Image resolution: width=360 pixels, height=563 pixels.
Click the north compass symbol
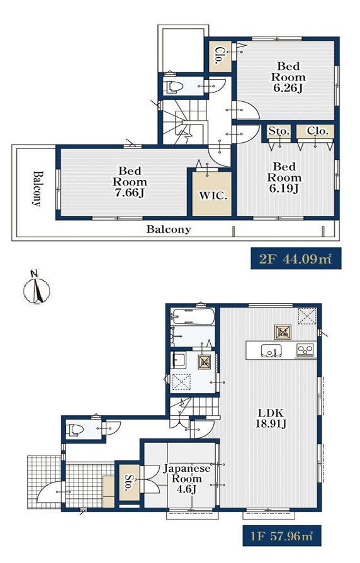37,287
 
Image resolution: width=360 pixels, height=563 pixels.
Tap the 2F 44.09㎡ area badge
296,258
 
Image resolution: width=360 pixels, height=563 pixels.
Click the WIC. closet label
213,196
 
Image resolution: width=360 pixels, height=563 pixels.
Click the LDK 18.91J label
271,418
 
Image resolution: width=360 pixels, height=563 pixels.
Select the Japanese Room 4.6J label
187,479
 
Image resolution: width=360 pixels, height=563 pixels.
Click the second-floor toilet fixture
174,87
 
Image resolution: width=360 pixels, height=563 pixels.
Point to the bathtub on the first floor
193,316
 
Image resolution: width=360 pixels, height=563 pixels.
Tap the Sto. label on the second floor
279,131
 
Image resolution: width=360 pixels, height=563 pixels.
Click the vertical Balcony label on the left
37,189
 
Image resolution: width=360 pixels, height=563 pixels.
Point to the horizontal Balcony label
169,229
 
